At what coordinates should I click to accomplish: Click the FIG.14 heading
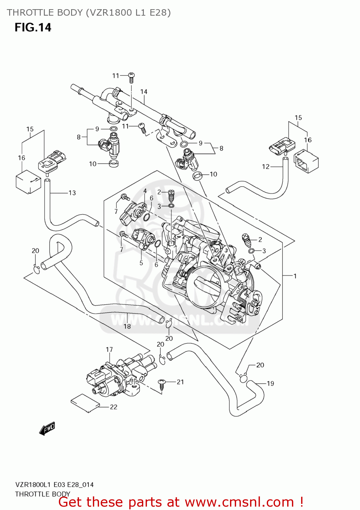pyautogui.click(x=33, y=27)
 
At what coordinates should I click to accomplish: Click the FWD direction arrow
pyautogui.click(x=47, y=429)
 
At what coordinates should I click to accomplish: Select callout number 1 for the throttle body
pyautogui.click(x=295, y=276)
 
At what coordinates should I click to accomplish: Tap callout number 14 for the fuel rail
pyautogui.click(x=144, y=92)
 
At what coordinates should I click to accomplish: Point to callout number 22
pyautogui.click(x=114, y=407)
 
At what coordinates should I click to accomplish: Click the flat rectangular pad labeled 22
pyautogui.click(x=85, y=404)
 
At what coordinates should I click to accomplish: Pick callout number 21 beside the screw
pyautogui.click(x=180, y=382)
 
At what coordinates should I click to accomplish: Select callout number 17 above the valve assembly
pyautogui.click(x=109, y=350)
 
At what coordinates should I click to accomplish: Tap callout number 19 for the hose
pyautogui.click(x=271, y=384)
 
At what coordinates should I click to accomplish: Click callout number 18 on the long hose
pyautogui.click(x=127, y=326)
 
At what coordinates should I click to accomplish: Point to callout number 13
pyautogui.click(x=72, y=193)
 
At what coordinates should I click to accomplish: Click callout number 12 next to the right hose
pyautogui.click(x=266, y=167)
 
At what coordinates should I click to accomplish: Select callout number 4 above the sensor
pyautogui.click(x=145, y=191)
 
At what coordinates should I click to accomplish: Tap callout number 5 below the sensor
pyautogui.click(x=141, y=263)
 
